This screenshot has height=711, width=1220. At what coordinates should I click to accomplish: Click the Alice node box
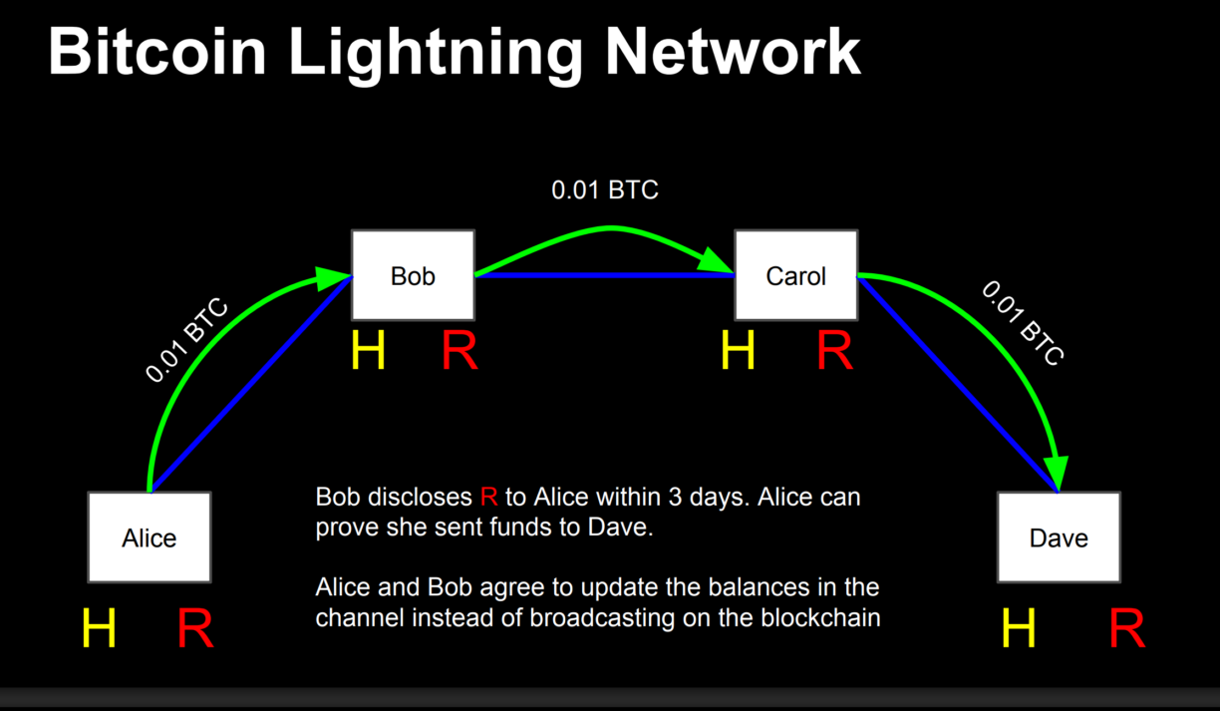[x=150, y=537]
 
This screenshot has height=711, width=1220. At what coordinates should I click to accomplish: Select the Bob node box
[x=413, y=275]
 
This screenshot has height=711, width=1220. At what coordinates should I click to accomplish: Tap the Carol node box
[x=795, y=275]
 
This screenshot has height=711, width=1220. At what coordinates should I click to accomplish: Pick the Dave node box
[x=1059, y=537]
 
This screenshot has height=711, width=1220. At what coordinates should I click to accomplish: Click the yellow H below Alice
[x=99, y=628]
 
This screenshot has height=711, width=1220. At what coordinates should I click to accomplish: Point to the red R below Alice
[x=195, y=628]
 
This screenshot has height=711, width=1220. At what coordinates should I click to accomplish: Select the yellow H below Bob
[x=368, y=351]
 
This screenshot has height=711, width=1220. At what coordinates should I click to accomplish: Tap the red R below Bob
[x=459, y=351]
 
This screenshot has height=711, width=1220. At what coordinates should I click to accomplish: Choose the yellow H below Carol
[x=738, y=351]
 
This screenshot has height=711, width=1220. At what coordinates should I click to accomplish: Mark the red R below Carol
[x=835, y=351]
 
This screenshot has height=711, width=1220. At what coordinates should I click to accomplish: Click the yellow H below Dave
[x=1019, y=628]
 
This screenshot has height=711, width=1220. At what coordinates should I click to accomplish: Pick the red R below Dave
[x=1126, y=628]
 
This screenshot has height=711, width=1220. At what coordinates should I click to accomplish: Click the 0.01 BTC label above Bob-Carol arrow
[x=605, y=189]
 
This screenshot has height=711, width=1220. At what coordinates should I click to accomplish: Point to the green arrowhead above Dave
[x=1057, y=471]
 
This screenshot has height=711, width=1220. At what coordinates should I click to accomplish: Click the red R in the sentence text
[x=488, y=497]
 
